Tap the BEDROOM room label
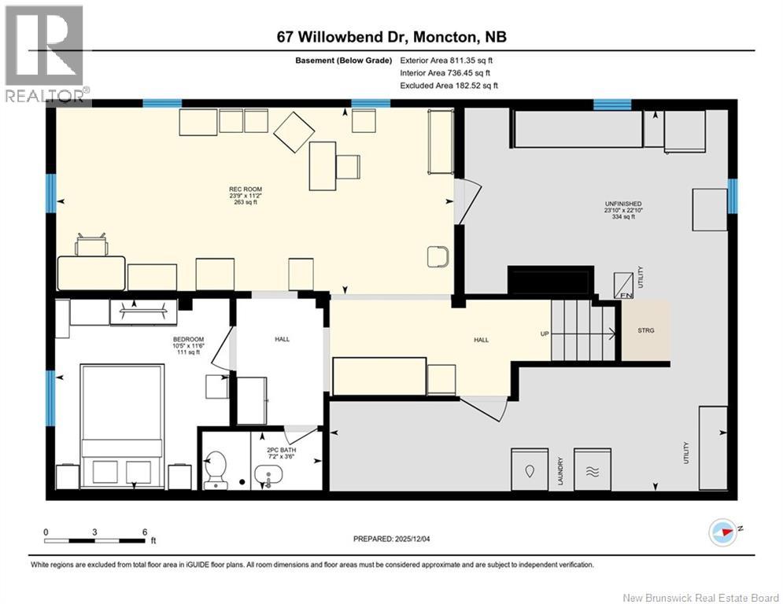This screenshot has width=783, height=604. pyautogui.click(x=188, y=340)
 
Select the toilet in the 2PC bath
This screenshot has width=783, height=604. pyautogui.click(x=216, y=470)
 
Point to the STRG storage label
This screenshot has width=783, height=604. pyautogui.click(x=645, y=330)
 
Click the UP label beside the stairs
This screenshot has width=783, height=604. pyautogui.click(x=545, y=333)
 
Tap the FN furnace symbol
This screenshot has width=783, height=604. pyautogui.click(x=623, y=285)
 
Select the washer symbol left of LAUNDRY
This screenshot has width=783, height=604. pyautogui.click(x=530, y=470)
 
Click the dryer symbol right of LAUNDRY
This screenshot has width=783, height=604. pyautogui.click(x=593, y=470)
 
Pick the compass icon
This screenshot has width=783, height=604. pyautogui.click(x=722, y=532)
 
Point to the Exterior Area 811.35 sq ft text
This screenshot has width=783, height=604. pyautogui.click(x=446, y=61)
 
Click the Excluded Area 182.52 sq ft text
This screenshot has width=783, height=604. pyautogui.click(x=449, y=86)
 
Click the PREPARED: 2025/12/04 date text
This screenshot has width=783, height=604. pyautogui.click(x=392, y=539)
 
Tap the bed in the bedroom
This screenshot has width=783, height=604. pyautogui.click(x=122, y=426)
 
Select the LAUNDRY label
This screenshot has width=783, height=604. pyautogui.click(x=561, y=471)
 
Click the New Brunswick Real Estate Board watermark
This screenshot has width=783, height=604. pyautogui.click(x=700, y=598)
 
